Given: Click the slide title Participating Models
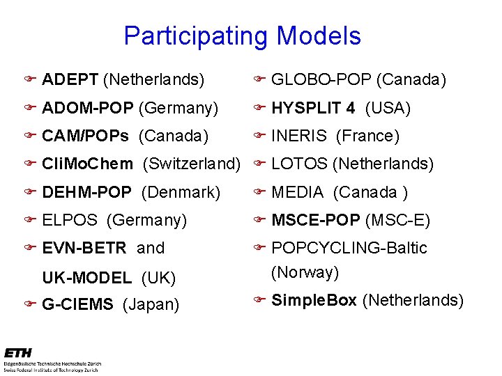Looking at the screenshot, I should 242,36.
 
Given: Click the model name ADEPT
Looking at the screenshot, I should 70,80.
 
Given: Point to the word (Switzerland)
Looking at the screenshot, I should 191,164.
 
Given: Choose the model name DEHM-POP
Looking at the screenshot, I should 86,192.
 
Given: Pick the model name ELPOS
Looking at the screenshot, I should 70,221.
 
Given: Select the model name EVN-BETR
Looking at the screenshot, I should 84,248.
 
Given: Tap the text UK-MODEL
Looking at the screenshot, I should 86,279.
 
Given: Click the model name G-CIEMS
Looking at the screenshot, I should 79,305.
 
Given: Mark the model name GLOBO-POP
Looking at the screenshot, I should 321,80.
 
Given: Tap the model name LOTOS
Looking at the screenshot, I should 299,164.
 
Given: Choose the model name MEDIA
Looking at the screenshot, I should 297,192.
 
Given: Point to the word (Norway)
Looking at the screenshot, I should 305,272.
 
